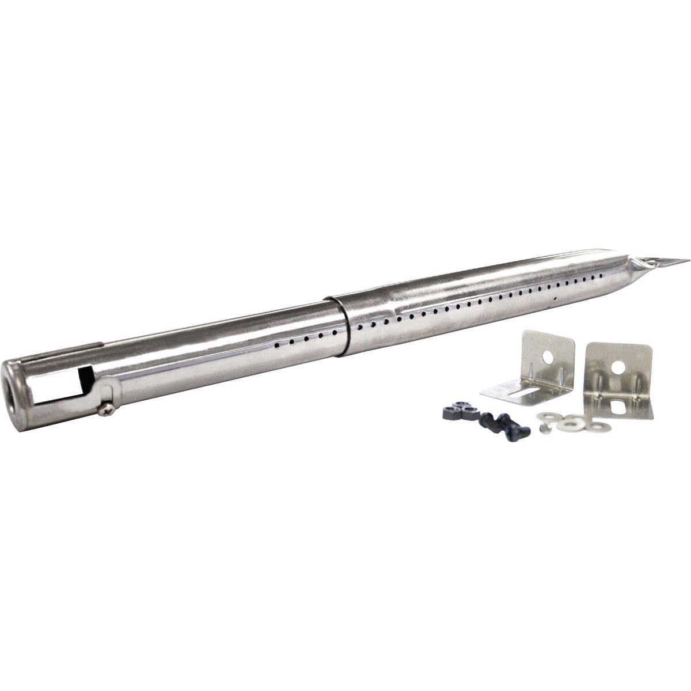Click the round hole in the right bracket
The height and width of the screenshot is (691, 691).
point(620,366)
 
